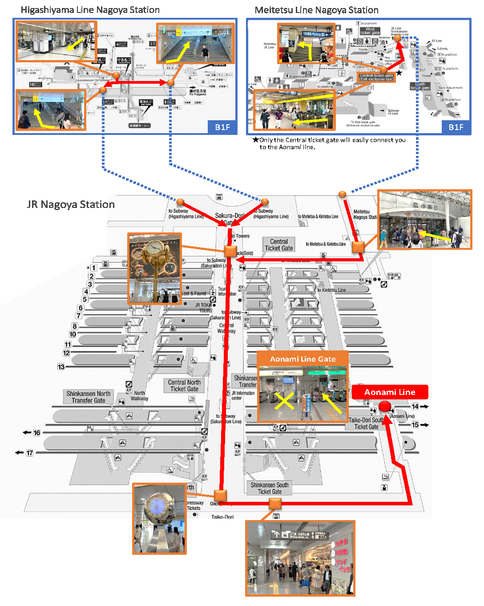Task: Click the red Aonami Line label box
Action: [x=390, y=392]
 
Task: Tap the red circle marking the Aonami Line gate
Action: [x=385, y=407]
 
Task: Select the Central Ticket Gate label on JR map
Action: [x=279, y=245]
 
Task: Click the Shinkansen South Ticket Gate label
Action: [x=270, y=488]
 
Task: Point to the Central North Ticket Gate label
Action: [x=184, y=386]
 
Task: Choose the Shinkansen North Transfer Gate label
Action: [x=89, y=397]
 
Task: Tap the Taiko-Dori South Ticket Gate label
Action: [x=366, y=423]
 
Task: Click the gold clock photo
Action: [x=154, y=268]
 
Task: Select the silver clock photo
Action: [x=159, y=519]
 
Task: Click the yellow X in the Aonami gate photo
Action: [x=284, y=400]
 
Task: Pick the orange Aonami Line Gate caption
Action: [x=302, y=359]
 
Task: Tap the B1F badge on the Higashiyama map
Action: [x=222, y=127]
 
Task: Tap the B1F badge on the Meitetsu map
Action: [x=456, y=127]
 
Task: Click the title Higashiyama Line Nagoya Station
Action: [x=90, y=10]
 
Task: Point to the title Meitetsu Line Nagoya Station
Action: [x=316, y=10]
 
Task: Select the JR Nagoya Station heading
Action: [x=71, y=204]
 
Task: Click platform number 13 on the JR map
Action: [x=61, y=367]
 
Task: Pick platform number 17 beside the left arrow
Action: [x=29, y=453]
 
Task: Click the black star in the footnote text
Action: [x=255, y=140]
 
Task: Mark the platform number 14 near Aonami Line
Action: [x=415, y=407]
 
